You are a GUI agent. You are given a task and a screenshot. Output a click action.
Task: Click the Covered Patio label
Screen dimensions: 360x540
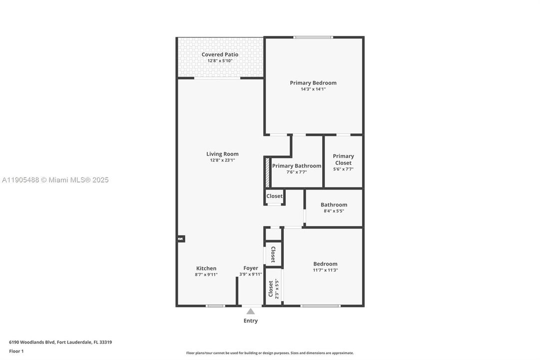click(x=220, y=54)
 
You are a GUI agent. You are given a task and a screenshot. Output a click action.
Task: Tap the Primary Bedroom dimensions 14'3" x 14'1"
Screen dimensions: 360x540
click(x=313, y=89)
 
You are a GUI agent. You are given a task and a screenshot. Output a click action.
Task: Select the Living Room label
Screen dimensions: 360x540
click(x=222, y=154)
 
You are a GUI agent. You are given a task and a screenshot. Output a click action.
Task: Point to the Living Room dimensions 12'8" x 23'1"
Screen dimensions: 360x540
click(x=222, y=160)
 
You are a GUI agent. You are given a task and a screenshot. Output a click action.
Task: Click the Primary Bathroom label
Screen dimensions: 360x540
click(x=297, y=166)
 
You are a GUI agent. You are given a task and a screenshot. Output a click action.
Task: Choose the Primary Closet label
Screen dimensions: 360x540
click(x=343, y=159)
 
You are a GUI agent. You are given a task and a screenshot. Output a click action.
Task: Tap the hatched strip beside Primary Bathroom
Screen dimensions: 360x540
click(x=268, y=172)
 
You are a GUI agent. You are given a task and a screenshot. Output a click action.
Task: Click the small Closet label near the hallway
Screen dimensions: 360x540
click(x=274, y=196)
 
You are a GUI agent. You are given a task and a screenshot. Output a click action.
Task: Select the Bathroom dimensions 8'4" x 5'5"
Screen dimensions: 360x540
click(x=334, y=211)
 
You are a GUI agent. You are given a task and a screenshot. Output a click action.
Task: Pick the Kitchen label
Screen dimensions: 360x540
click(x=206, y=268)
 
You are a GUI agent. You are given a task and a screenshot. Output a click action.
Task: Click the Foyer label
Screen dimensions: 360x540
click(x=251, y=268)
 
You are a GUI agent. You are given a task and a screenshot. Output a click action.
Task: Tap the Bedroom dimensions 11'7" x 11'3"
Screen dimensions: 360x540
click(x=325, y=270)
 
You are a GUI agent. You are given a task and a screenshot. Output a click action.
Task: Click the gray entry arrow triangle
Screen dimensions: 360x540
click(x=251, y=311)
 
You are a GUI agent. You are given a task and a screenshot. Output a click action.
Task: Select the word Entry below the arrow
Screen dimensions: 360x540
click(x=251, y=321)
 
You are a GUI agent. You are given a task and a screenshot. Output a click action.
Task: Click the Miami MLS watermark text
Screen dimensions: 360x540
click(x=55, y=180)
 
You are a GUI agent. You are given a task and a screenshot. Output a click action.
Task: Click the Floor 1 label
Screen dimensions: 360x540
click(x=16, y=351)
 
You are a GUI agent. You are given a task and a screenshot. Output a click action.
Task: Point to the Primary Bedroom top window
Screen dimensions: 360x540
click(x=313, y=37)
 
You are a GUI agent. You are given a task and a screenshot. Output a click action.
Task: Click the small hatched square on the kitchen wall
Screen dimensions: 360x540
click(x=181, y=239)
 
